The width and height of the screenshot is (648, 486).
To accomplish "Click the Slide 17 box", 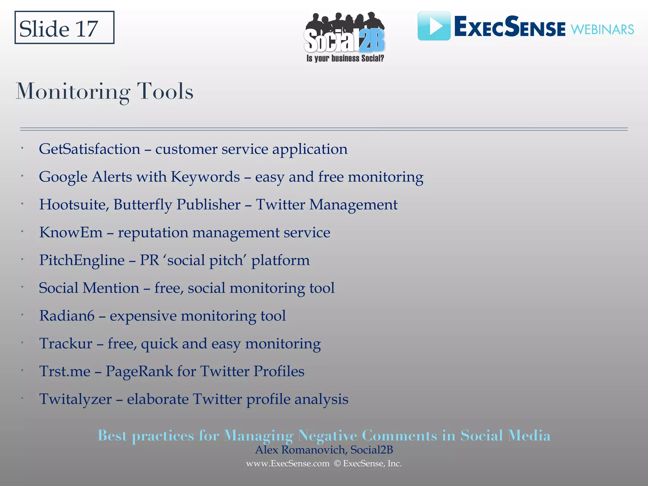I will (x=64, y=28).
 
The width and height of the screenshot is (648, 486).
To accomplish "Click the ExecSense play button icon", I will (x=434, y=26).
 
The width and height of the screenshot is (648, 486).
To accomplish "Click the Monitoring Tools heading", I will (x=104, y=92).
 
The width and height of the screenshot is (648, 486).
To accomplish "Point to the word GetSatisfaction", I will (x=90, y=149).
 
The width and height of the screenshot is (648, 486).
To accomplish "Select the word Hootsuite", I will (x=74, y=205).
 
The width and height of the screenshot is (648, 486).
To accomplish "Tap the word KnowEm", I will (x=71, y=233).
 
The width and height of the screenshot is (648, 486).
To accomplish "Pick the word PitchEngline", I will (x=82, y=260).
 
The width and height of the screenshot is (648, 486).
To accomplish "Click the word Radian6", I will (x=67, y=316).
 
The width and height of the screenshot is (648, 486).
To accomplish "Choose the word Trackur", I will (x=66, y=344).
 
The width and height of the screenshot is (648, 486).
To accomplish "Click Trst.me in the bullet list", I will (x=65, y=371).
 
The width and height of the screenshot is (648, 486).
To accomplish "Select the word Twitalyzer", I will (x=75, y=399).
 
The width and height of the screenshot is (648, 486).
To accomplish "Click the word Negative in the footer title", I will (x=327, y=436).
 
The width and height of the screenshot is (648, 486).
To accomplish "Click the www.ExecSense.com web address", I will (x=288, y=464).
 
